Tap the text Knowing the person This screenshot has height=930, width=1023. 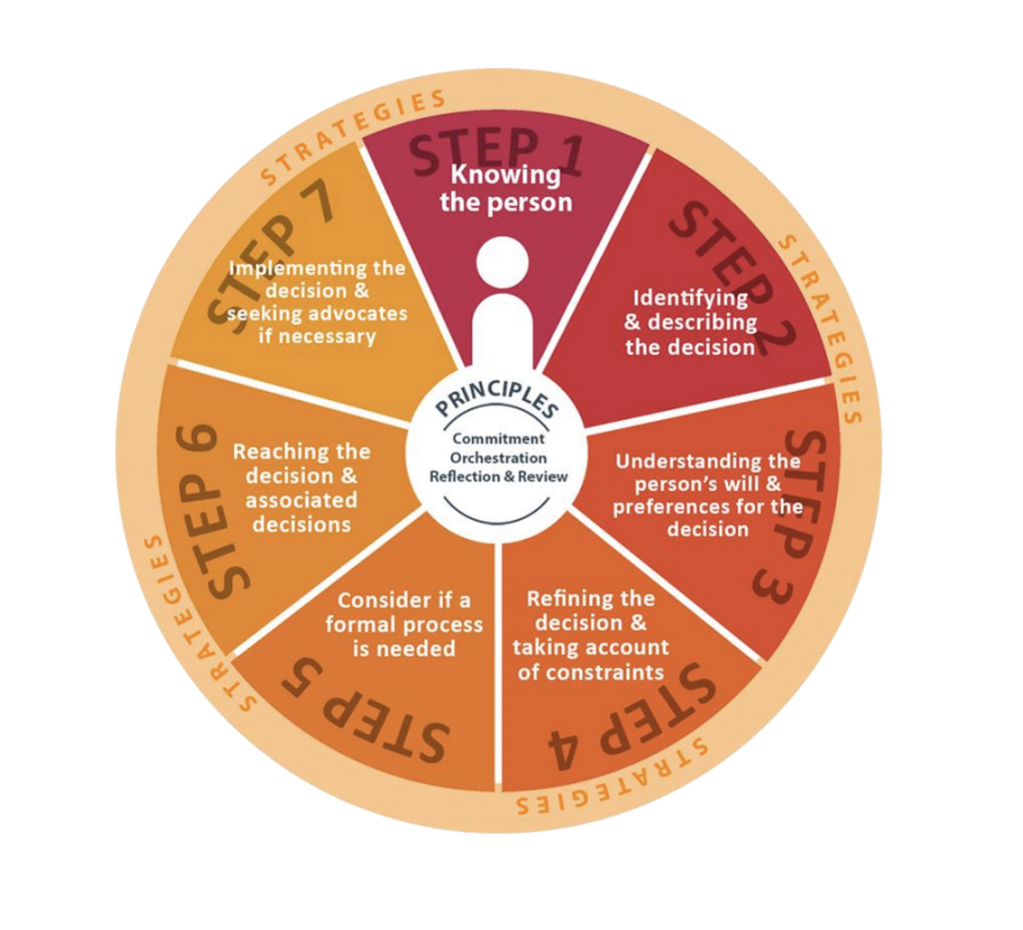(x=506, y=189)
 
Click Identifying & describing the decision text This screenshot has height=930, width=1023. (x=690, y=323)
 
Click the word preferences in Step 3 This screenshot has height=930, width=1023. (x=671, y=506)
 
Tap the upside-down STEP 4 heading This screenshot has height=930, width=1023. (x=631, y=718)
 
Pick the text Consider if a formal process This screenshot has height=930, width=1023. (x=404, y=612)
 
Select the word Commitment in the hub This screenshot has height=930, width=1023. (x=499, y=439)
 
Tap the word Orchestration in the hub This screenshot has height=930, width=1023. (x=499, y=458)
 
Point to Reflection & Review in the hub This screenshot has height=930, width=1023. (x=499, y=476)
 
